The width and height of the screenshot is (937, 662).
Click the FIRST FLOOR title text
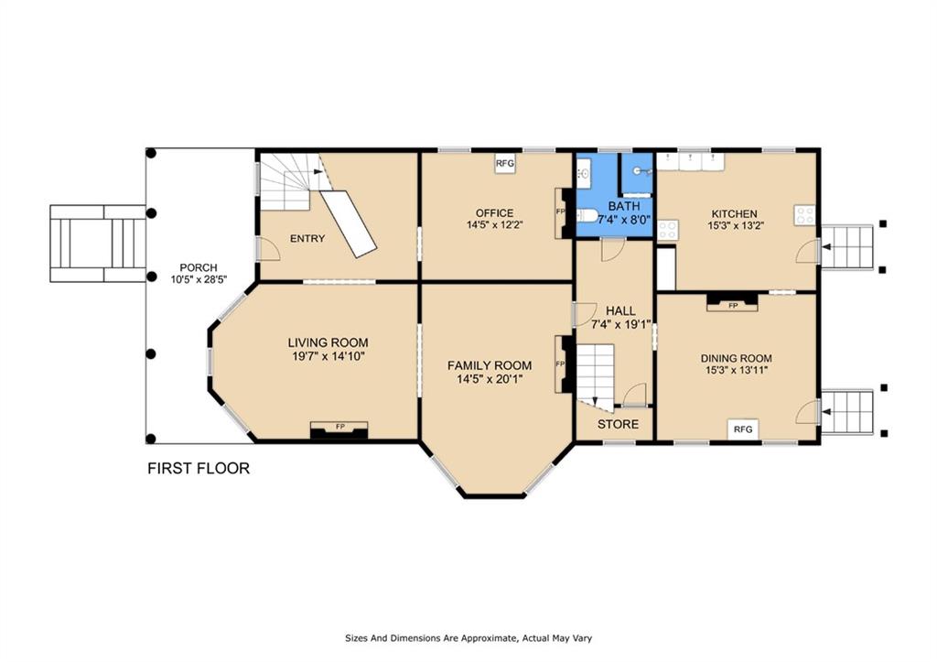[x=199, y=468]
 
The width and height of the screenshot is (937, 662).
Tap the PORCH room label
[x=199, y=267]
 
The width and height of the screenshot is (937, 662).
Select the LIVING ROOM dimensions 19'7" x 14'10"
[x=328, y=356]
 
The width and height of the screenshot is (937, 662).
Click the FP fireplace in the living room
[x=339, y=430]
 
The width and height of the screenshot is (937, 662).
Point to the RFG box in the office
[x=505, y=163]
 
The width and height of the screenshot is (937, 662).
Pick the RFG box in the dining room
[x=743, y=429]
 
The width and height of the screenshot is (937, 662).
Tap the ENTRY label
[x=307, y=239]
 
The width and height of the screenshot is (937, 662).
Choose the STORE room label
[x=618, y=424]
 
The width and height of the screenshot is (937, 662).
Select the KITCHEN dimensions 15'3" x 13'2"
[x=736, y=225]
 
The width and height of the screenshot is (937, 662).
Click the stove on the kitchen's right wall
[x=804, y=215]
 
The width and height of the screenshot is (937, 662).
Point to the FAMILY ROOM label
[x=490, y=365]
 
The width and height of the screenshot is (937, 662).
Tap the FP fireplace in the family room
[x=562, y=364]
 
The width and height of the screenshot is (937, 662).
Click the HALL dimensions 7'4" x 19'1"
[x=621, y=325]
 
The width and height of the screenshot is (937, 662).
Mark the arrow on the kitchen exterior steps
[x=827, y=246]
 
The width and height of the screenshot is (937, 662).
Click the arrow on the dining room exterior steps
[x=827, y=411]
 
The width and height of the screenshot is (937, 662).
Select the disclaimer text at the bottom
[x=468, y=638]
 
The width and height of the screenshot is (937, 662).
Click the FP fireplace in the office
[x=562, y=213]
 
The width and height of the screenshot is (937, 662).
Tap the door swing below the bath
[x=613, y=249]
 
